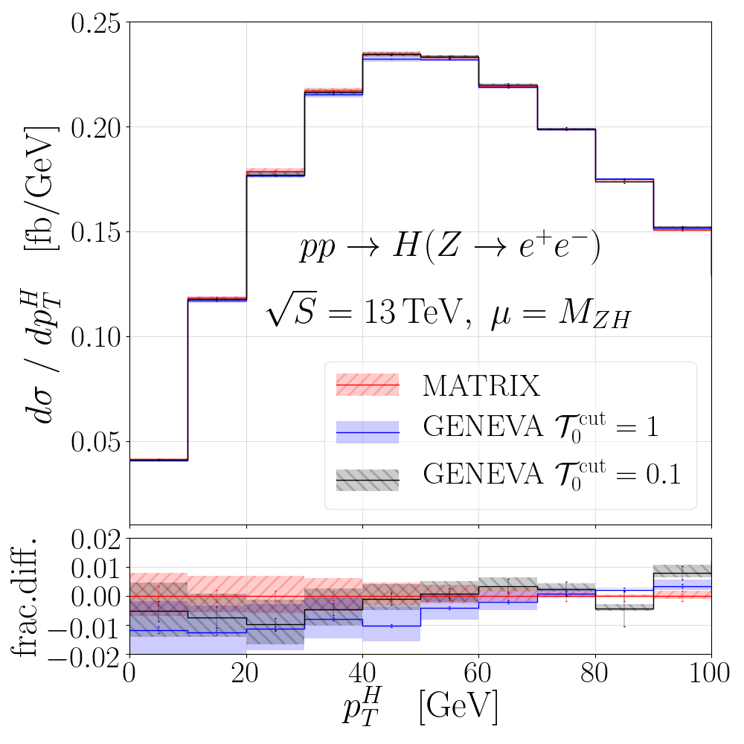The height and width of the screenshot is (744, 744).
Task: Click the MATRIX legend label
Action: (x=480, y=385)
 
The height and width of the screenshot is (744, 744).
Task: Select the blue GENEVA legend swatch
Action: (x=368, y=432)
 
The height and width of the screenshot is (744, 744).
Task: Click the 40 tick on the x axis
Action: (x=362, y=677)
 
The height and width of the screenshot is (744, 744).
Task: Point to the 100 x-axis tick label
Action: (x=711, y=677)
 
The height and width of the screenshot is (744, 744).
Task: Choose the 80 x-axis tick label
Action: (x=595, y=677)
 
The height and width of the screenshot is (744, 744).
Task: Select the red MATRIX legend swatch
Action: (x=368, y=385)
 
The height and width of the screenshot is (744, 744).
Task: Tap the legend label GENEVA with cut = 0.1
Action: (x=551, y=475)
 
